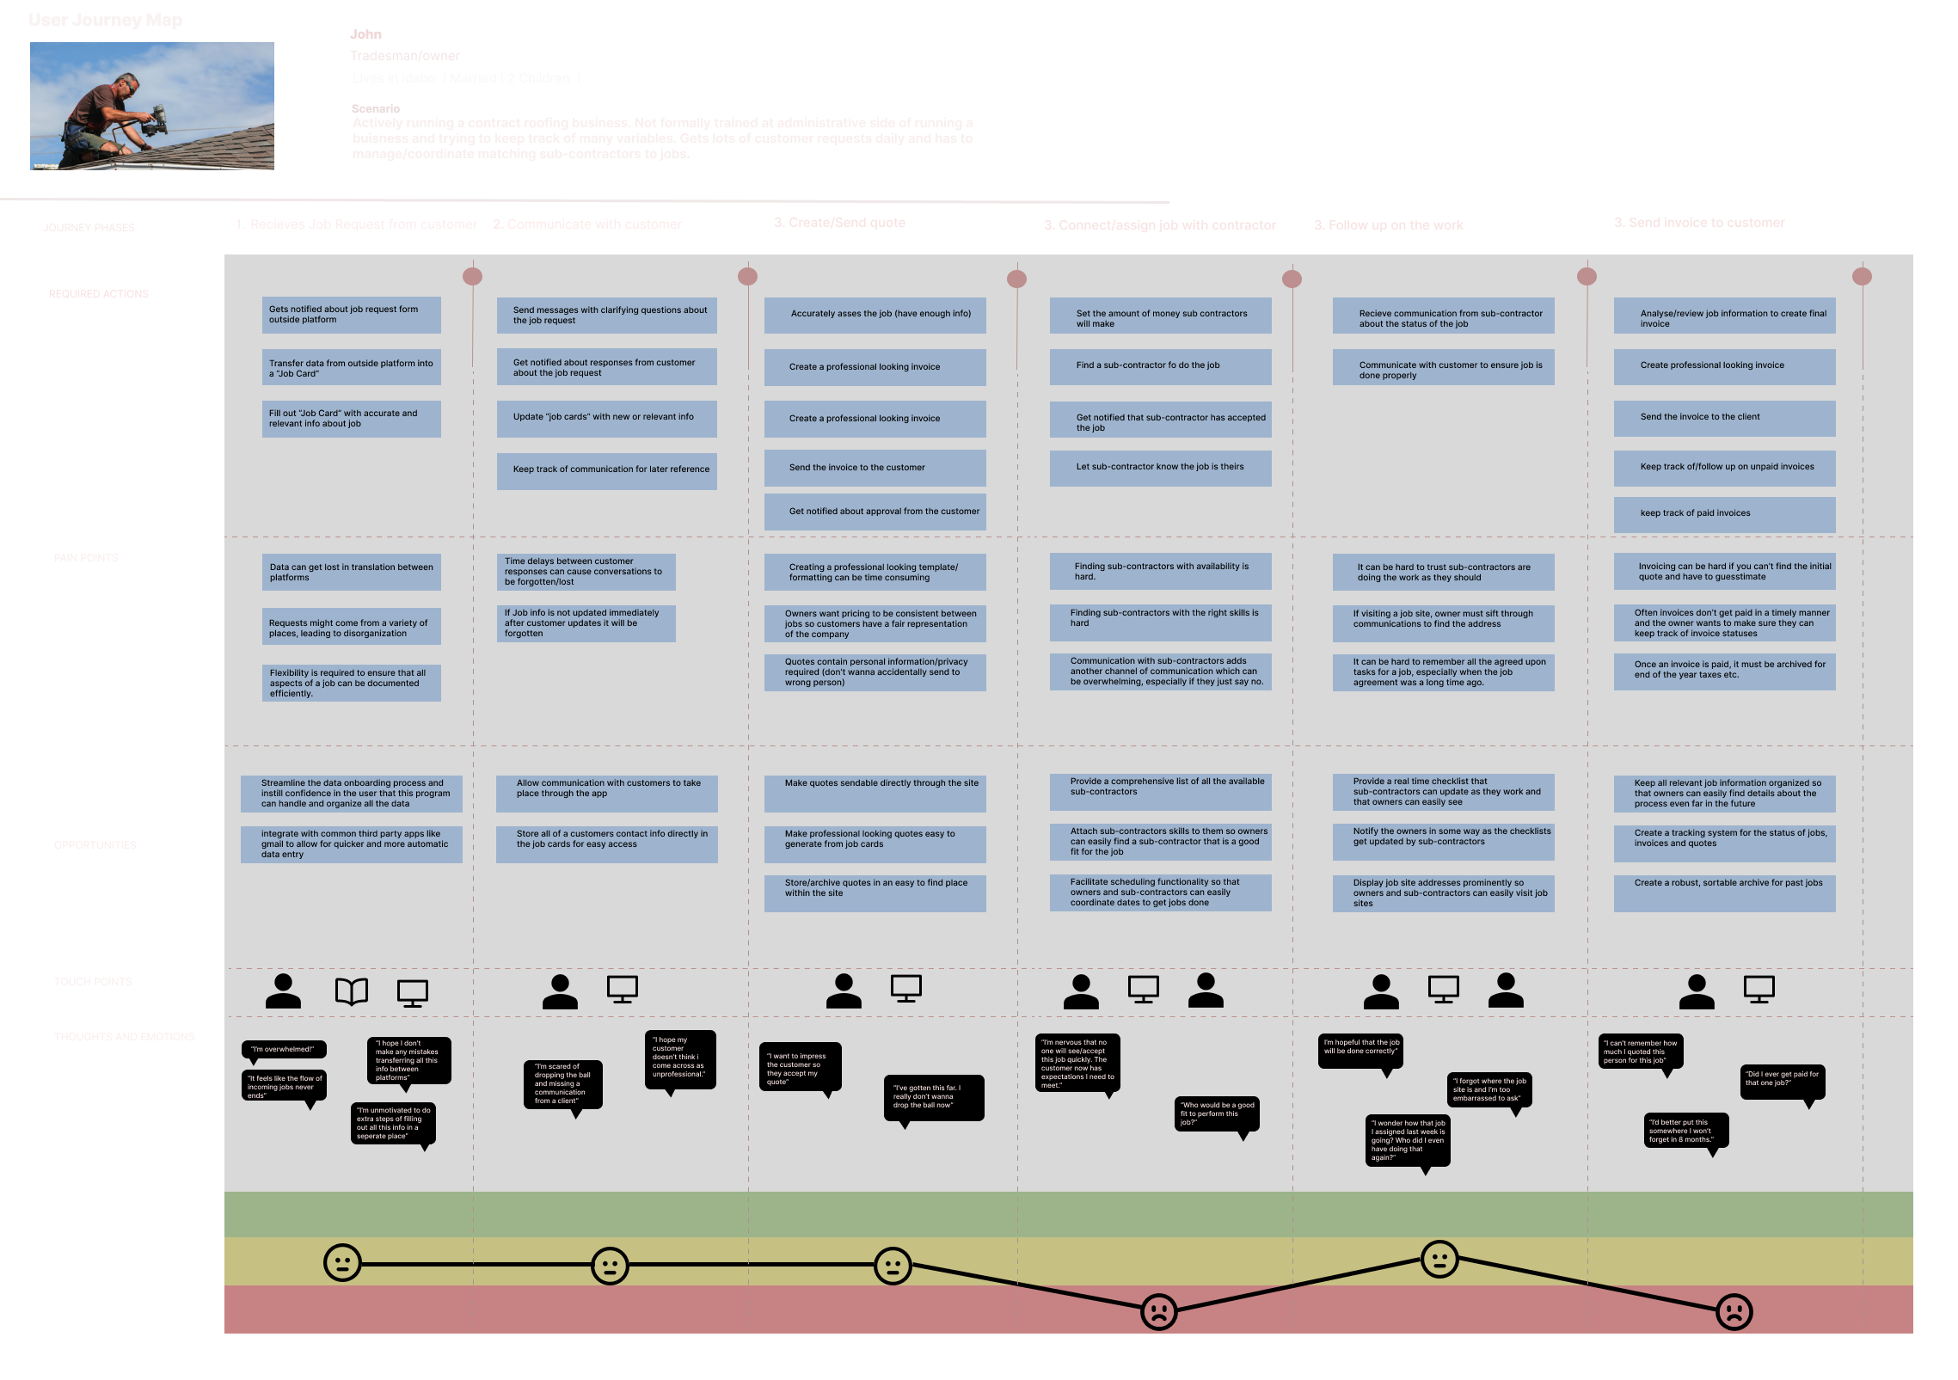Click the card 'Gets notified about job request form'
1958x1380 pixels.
point(351,315)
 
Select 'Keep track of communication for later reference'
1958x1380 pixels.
point(606,470)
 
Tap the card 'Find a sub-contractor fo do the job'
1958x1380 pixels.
point(1160,366)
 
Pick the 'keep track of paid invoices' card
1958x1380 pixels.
point(1724,514)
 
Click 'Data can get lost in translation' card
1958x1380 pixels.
point(351,573)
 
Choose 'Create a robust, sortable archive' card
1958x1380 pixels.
point(1724,892)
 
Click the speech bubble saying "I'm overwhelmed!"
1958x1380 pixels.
point(283,1049)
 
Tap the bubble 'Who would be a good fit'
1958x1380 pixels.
point(1216,1113)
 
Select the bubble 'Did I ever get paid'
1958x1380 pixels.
point(1782,1080)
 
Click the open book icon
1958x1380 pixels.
point(351,991)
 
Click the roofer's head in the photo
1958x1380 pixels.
point(128,86)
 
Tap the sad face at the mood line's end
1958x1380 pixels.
point(1734,1312)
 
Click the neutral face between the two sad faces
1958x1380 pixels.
point(1439,1260)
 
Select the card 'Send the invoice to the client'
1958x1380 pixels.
point(1724,418)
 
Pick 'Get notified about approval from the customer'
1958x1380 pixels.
point(875,512)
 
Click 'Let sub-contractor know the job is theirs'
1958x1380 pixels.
point(1160,469)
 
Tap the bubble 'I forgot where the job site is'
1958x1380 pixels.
point(1489,1090)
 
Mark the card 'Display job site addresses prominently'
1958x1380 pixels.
point(1443,893)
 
